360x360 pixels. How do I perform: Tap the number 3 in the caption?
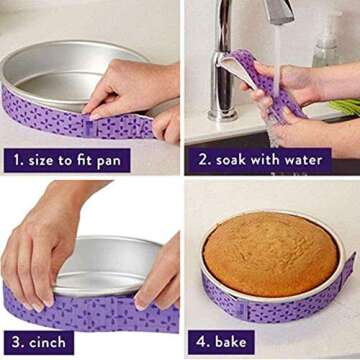(17, 339)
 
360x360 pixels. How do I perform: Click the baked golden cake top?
(271, 252)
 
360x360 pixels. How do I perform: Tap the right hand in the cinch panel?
(158, 270)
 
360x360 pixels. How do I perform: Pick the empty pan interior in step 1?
(60, 75)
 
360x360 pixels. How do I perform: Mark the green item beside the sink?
(345, 105)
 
